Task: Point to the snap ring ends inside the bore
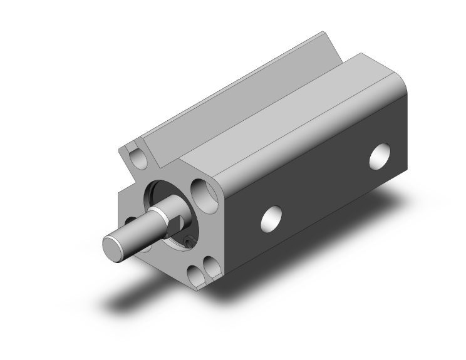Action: coord(189,240)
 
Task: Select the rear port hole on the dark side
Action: coord(380,157)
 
